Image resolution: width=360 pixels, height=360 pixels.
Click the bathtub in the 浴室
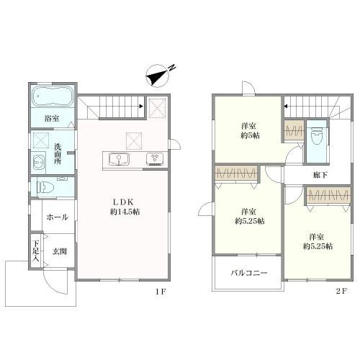tap(52, 96)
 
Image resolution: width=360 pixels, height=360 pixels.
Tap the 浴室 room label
tap(52, 119)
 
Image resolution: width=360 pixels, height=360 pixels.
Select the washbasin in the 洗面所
tap(38, 162)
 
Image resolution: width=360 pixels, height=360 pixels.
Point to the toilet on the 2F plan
tap(316, 136)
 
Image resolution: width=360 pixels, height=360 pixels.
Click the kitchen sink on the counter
tap(119, 159)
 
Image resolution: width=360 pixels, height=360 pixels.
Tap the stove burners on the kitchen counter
tap(156, 158)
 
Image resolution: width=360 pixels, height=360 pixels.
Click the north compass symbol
tap(159, 75)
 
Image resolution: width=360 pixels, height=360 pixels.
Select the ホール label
tap(58, 217)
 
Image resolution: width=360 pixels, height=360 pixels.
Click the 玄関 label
tap(60, 251)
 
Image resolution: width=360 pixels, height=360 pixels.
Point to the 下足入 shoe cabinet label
tap(36, 251)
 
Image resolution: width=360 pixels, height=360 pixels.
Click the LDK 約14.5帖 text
tap(125, 207)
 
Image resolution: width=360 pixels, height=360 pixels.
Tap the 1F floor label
tap(161, 292)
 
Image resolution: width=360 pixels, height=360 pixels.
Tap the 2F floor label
tap(341, 291)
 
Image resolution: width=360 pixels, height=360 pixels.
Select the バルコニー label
tap(249, 273)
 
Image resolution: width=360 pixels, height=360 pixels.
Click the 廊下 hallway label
tap(320, 175)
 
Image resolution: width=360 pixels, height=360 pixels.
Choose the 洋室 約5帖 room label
tap(250, 131)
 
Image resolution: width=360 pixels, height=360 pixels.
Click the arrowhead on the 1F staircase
tap(141, 106)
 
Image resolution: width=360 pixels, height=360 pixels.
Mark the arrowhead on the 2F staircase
tap(286, 106)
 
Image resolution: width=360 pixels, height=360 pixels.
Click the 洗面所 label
tap(58, 153)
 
